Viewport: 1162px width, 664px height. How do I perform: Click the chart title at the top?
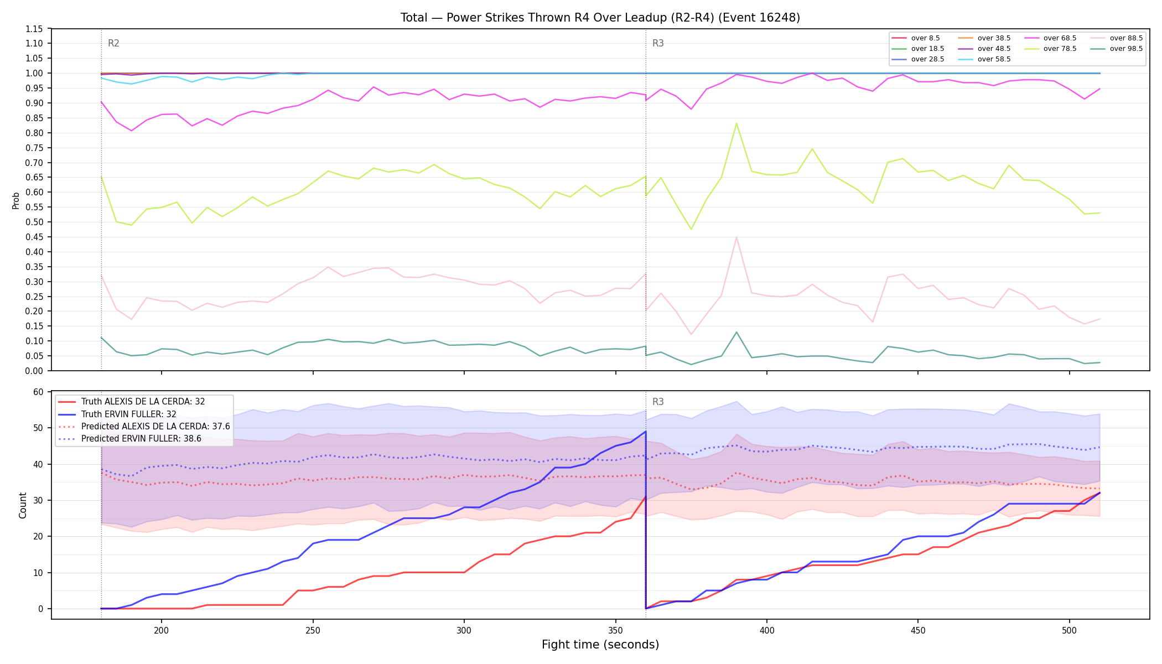(x=600, y=18)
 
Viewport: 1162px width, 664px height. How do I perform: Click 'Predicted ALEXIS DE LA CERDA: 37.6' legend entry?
(x=144, y=427)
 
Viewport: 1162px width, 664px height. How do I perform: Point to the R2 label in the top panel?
(x=113, y=43)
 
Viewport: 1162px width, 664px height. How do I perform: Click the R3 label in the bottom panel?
(x=658, y=402)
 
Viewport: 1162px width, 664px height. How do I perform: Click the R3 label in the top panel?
(x=658, y=43)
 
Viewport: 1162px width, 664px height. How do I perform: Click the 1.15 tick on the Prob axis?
(x=35, y=29)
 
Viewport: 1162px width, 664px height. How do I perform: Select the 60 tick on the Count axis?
(x=38, y=392)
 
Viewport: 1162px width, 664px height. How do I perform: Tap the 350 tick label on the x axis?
(x=615, y=630)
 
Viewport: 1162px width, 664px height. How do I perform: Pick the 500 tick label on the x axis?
(x=1069, y=630)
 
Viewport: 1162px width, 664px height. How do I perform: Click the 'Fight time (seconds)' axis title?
(x=600, y=645)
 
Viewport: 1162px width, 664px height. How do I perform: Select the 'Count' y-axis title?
(x=23, y=505)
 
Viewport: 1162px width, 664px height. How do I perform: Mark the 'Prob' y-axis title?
(x=15, y=200)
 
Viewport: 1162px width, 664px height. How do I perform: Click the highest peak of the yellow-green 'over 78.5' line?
(x=736, y=123)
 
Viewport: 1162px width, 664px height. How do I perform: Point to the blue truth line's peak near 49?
(x=646, y=432)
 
